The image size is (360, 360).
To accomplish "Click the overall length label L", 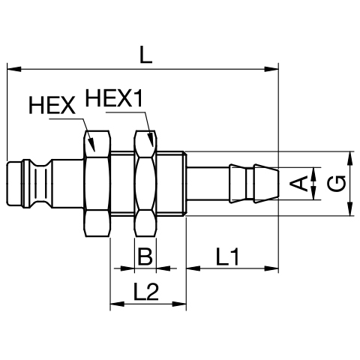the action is pyautogui.click(x=146, y=55).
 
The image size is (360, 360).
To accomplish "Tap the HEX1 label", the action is pyautogui.click(x=114, y=98).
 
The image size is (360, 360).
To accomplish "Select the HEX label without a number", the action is pyautogui.click(x=52, y=105).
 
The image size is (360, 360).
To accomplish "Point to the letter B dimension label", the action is pyautogui.click(x=145, y=256).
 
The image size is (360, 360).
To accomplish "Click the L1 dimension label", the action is pyautogui.click(x=228, y=256).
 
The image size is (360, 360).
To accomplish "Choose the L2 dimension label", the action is pyautogui.click(x=146, y=291).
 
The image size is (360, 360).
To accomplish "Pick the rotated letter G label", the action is pyautogui.click(x=337, y=184).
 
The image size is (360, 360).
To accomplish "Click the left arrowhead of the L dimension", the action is pyautogui.click(x=14, y=69).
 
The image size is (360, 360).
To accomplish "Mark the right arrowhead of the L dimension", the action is pyautogui.click(x=271, y=69).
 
